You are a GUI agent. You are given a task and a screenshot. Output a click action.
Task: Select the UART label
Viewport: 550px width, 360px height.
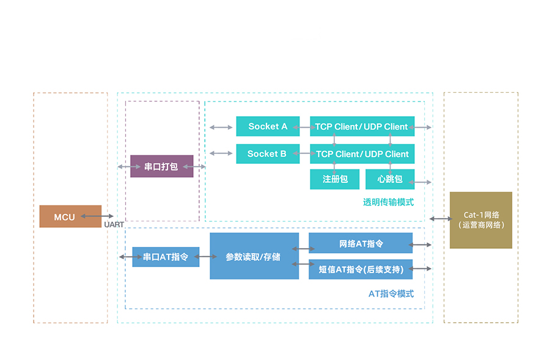coord(114,225)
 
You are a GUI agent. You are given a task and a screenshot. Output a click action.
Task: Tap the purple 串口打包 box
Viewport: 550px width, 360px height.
coord(161,166)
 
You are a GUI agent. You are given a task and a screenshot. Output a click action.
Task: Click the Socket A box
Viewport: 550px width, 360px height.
coord(268,127)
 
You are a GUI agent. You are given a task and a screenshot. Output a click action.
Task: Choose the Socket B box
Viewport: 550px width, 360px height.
coord(268,154)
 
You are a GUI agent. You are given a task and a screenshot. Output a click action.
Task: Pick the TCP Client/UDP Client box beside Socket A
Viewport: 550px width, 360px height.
coord(362,127)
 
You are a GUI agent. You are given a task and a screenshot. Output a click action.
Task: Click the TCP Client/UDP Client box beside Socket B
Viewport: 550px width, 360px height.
coord(362,154)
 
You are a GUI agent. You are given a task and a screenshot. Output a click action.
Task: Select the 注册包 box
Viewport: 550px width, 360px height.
coord(334,179)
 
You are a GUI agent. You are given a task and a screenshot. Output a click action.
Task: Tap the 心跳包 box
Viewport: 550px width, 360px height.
coord(389,179)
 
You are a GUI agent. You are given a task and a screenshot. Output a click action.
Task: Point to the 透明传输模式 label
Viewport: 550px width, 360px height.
coord(388,202)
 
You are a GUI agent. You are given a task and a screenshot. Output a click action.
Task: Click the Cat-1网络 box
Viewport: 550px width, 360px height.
coord(480,220)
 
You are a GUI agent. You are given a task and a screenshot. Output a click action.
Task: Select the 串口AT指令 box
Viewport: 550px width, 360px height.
coord(166,257)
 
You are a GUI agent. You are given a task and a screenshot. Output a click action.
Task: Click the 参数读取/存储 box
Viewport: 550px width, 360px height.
coord(254,256)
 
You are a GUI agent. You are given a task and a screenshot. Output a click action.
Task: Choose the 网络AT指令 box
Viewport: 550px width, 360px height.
coord(361,244)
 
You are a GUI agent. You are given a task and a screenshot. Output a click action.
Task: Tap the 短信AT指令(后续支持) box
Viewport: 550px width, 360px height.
coord(361,269)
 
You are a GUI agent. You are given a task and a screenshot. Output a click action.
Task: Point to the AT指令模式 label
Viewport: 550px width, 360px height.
coord(391,293)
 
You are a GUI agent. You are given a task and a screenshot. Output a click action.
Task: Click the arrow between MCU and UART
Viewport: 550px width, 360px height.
coord(97,216)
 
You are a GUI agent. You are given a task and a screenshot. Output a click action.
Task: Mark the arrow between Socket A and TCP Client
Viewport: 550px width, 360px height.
coord(304,127)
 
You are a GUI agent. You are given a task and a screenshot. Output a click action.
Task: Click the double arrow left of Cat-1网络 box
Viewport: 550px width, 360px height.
coord(440,219)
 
